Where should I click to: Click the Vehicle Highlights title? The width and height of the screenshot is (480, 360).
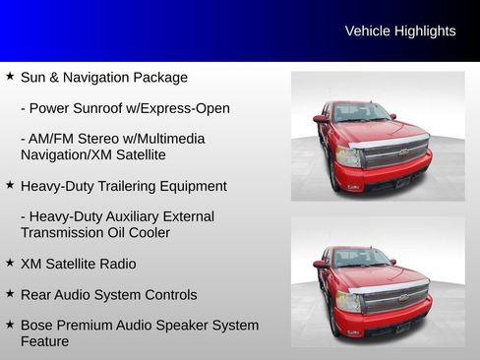400,31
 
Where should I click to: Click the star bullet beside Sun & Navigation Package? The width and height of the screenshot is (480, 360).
10,76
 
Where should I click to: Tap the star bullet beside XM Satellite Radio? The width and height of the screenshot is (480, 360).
10,263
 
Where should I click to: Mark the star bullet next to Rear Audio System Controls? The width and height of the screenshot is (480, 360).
10,293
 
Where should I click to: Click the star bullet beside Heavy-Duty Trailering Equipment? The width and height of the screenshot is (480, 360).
10,184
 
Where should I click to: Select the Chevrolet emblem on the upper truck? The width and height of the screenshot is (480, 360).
403,152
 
